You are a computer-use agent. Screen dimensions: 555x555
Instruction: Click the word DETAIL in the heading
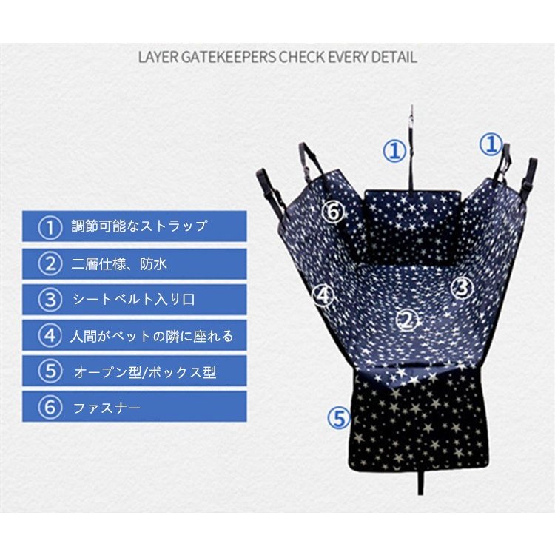pyautogui.click(x=394, y=57)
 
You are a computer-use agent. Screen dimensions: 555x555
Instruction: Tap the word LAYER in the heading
pyautogui.click(x=158, y=57)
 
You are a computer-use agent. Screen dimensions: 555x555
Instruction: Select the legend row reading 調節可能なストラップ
pyautogui.click(x=135, y=226)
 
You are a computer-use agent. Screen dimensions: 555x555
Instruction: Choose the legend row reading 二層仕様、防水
pyautogui.click(x=135, y=263)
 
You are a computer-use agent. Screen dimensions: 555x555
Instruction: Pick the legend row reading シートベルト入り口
pyautogui.click(x=135, y=300)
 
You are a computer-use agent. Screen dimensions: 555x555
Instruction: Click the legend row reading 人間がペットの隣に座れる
pyautogui.click(x=135, y=335)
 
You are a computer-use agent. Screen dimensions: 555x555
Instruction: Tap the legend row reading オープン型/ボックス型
pyautogui.click(x=135, y=371)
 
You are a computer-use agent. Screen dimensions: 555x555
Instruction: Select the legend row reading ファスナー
pyautogui.click(x=135, y=406)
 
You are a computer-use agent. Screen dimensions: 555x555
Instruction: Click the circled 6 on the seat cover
pyautogui.click(x=334, y=212)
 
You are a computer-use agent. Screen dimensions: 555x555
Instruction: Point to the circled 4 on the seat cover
pyautogui.click(x=323, y=295)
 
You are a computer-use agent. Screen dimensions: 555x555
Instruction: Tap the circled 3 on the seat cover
pyautogui.click(x=462, y=289)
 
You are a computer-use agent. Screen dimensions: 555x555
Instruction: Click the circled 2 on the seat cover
pyautogui.click(x=408, y=321)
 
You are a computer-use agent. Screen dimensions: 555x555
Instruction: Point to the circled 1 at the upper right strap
pyautogui.click(x=491, y=144)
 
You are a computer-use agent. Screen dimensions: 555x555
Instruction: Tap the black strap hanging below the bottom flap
pyautogui.click(x=420, y=482)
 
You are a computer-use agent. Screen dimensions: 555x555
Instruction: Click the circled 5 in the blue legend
pyautogui.click(x=50, y=371)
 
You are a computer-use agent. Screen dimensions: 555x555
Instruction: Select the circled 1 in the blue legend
pyautogui.click(x=50, y=227)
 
